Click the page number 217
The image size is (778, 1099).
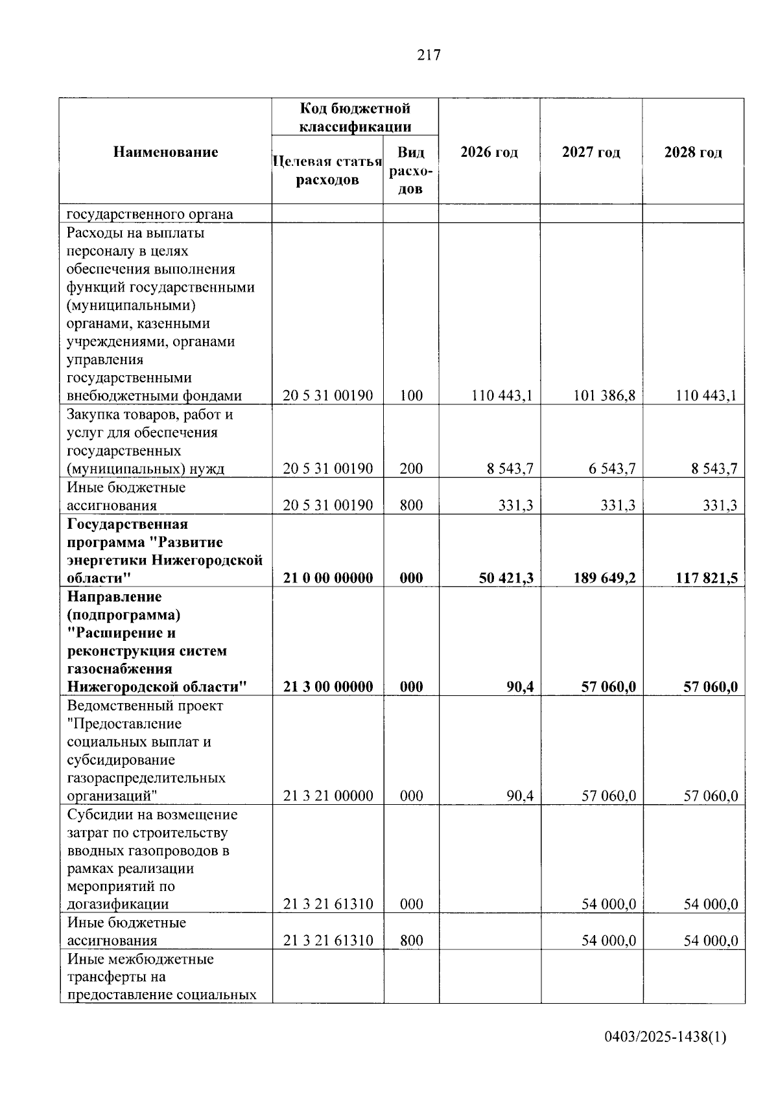click(x=429, y=55)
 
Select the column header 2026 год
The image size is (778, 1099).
click(x=489, y=152)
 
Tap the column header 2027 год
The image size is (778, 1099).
click(x=591, y=152)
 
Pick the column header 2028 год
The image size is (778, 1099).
click(x=693, y=152)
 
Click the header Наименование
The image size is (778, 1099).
click(x=165, y=152)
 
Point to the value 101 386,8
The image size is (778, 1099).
click(x=604, y=395)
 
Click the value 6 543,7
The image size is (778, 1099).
click(x=611, y=469)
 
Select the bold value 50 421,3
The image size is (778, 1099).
click(x=506, y=578)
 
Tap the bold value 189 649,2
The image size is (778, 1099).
click(x=604, y=578)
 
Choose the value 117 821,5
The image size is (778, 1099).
click(x=706, y=578)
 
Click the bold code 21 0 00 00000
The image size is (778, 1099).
click(x=328, y=578)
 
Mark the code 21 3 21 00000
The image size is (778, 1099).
click(x=328, y=796)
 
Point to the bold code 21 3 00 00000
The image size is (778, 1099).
click(x=328, y=687)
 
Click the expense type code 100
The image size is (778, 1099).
click(x=411, y=395)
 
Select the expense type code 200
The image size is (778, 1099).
click(x=411, y=469)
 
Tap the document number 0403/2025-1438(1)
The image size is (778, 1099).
click(x=665, y=1037)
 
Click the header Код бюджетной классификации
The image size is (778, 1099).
click(x=355, y=117)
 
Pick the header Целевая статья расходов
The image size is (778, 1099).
click(x=327, y=170)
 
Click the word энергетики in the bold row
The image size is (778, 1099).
click(x=106, y=560)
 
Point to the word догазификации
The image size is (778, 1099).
click(x=118, y=904)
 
